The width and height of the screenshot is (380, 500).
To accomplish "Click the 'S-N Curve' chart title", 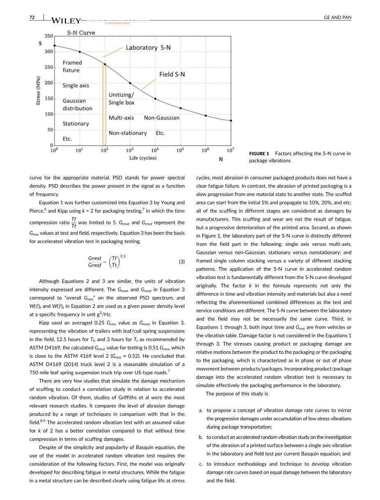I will pos(81,33).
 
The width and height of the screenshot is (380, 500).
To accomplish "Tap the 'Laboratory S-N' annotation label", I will pos(148,48).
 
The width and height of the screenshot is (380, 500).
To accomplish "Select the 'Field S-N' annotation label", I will pos(172,74).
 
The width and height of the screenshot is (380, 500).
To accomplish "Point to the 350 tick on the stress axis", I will pos(48,36).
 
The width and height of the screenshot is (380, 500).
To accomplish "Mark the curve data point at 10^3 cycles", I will pos(130,83).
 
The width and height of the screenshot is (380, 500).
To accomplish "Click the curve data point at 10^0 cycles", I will pos(54,46).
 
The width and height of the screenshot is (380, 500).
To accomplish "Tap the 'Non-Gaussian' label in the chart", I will pos(161,118).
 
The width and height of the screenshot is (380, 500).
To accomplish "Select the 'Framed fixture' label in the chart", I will pos(72,67).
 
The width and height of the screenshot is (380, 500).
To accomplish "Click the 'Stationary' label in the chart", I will pos(76,124).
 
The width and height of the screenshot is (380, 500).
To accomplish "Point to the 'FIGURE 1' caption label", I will pos(259,154).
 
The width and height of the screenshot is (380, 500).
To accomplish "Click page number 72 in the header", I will pos(32,17).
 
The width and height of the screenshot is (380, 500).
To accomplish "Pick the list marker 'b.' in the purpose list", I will pos(200,437).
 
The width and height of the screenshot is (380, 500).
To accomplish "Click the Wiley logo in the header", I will pos(66,21).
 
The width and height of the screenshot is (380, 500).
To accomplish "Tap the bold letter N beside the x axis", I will pos(221,159).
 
